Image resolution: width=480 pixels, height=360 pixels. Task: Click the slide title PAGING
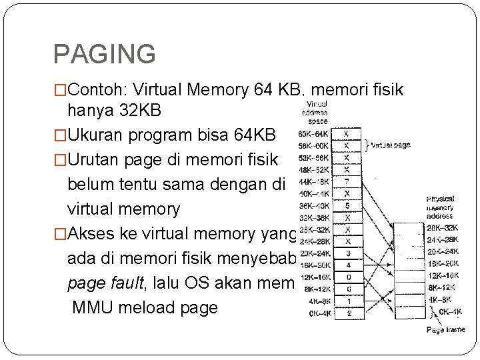pos(104,54)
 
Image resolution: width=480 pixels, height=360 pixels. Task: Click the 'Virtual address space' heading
pos(315,113)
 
